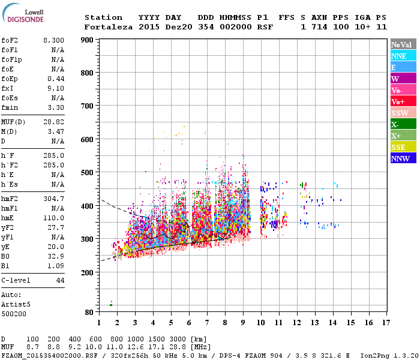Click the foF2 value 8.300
[53, 40]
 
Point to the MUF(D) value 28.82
[55, 122]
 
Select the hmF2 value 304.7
[55, 199]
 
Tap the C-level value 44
[60, 280]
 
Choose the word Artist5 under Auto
[16, 304]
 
